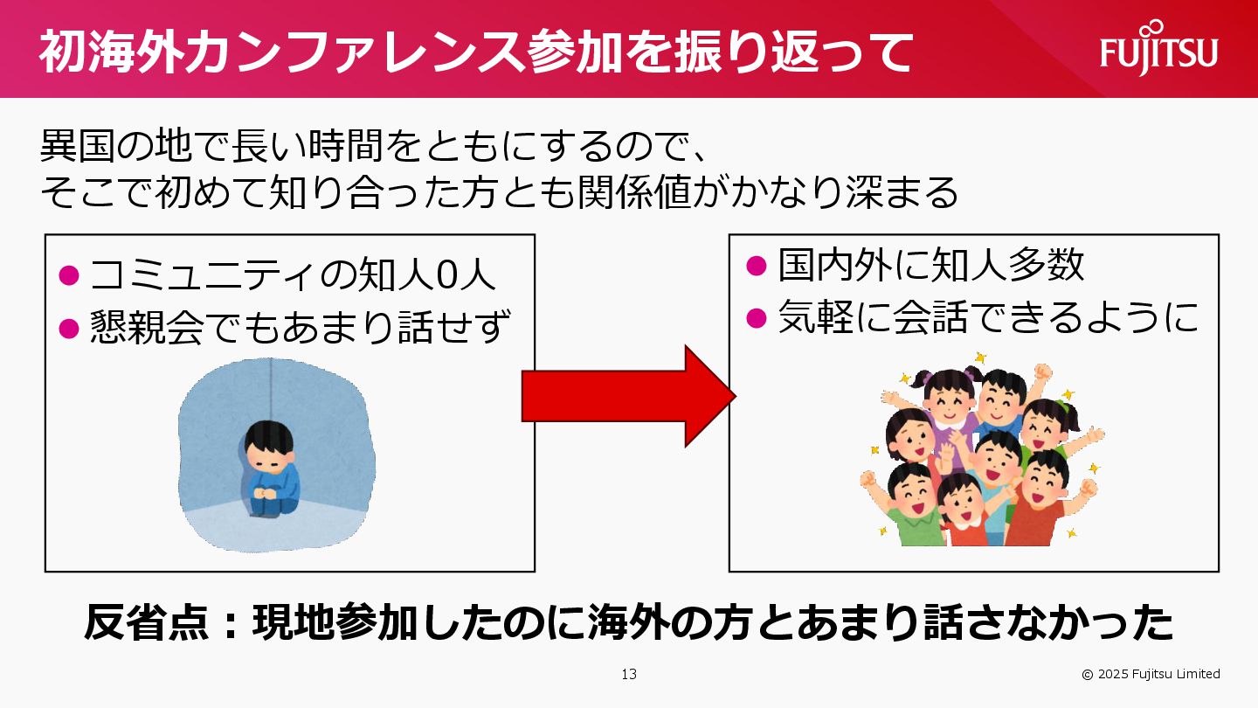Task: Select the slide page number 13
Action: [629, 674]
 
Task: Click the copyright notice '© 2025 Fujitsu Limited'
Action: [1151, 674]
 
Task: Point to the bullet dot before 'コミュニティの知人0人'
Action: [69, 275]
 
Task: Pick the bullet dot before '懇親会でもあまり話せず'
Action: [69, 328]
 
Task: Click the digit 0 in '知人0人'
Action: [445, 275]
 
